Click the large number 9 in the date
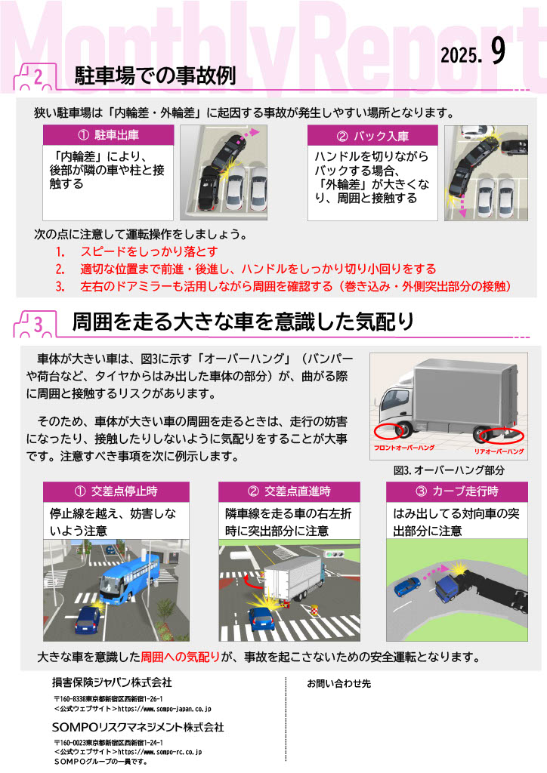tap(498, 51)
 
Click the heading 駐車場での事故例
tap(155, 76)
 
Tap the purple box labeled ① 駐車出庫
tap(109, 135)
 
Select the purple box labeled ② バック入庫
tap(373, 136)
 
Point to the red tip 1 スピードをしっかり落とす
tap(137, 251)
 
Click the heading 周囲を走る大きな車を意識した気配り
tap(243, 322)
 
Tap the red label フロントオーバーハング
tap(404, 448)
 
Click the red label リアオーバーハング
tap(499, 451)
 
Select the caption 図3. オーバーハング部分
tap(449, 470)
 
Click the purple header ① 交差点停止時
tap(116, 491)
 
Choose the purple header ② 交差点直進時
tap(289, 491)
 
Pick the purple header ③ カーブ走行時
tap(457, 491)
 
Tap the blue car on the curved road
tap(407, 587)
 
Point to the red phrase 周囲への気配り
tap(180, 657)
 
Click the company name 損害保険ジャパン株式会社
tap(112, 682)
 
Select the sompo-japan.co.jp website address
tap(164, 709)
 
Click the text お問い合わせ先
tap(339, 684)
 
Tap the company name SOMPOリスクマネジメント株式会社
tap(138, 728)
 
